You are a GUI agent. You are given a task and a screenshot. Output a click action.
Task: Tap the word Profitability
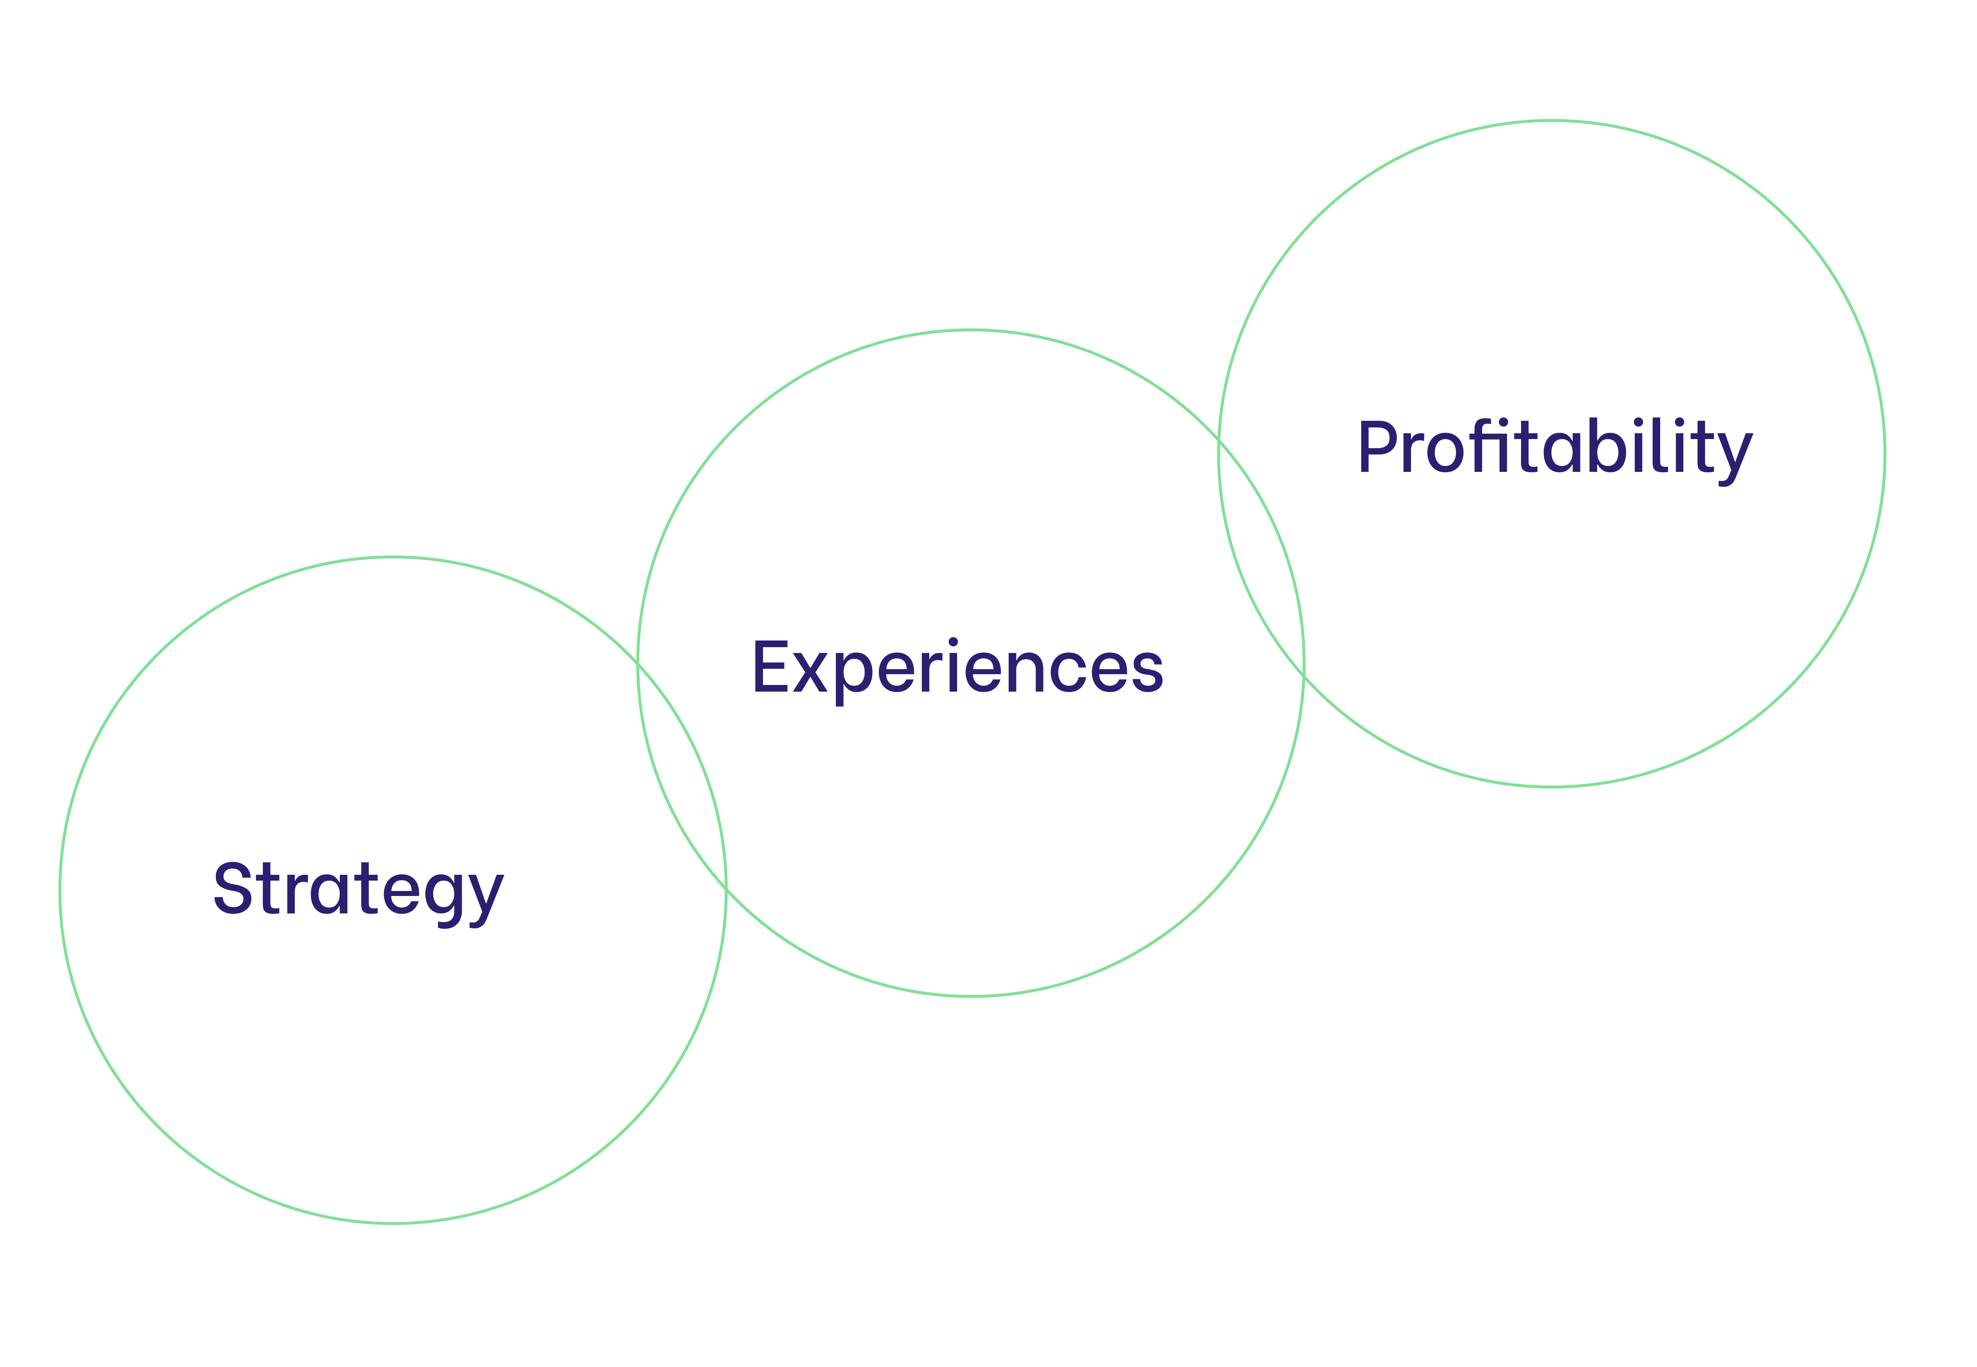pyautogui.click(x=1555, y=447)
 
